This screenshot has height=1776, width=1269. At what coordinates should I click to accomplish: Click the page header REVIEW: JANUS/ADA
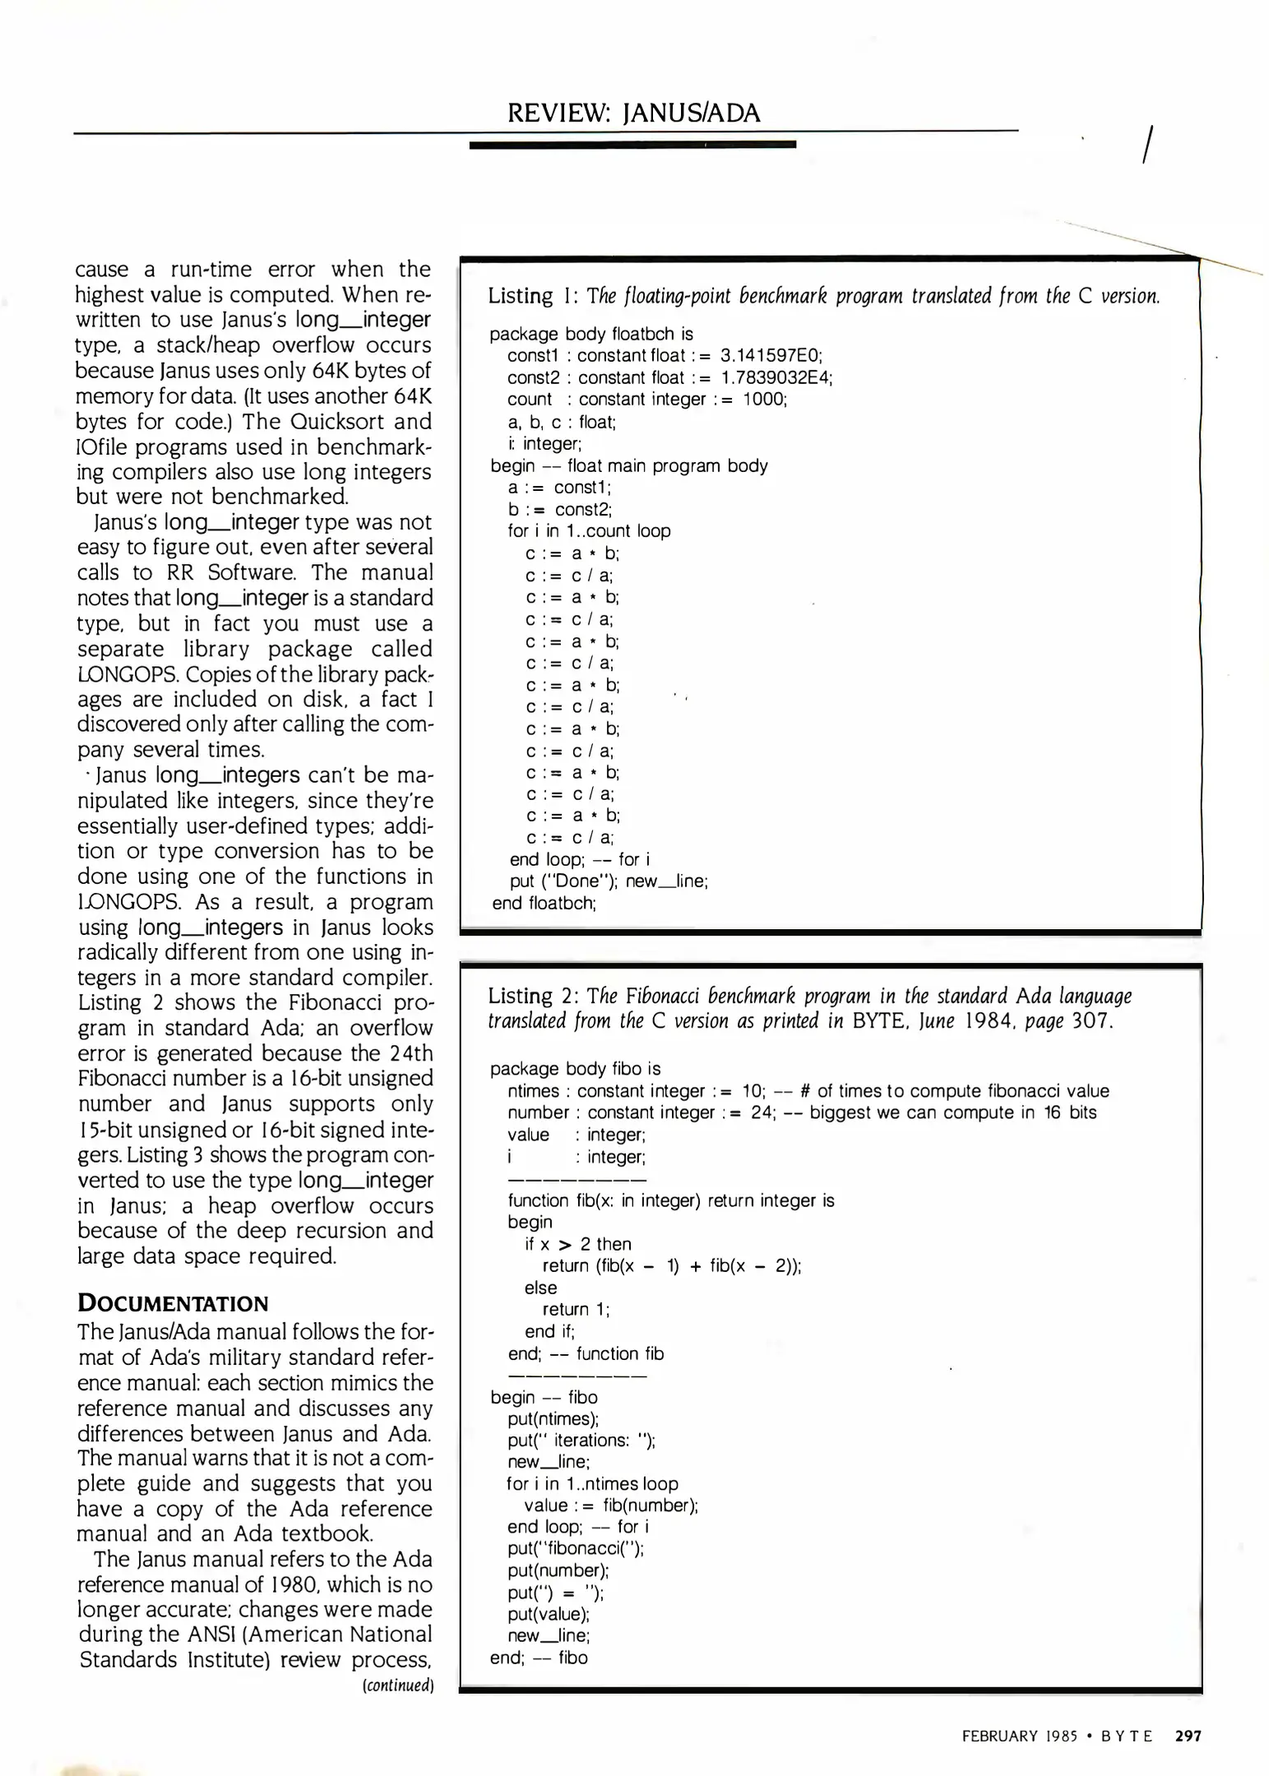pyautogui.click(x=633, y=112)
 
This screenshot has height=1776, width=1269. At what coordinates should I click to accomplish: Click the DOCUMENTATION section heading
pyautogui.click(x=173, y=1304)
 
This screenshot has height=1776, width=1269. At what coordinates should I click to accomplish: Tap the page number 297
pyautogui.click(x=1188, y=1736)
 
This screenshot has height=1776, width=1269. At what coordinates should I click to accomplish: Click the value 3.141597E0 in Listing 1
pyautogui.click(x=771, y=355)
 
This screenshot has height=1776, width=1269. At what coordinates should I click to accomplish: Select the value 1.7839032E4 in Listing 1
pyautogui.click(x=776, y=377)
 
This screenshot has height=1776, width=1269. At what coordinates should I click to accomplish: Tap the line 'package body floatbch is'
pyautogui.click(x=591, y=334)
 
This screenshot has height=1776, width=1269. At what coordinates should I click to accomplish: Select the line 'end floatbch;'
pyautogui.click(x=544, y=903)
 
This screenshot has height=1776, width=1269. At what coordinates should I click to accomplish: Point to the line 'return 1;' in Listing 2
pyautogui.click(x=576, y=1309)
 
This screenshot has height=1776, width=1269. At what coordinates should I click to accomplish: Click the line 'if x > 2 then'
pyautogui.click(x=578, y=1244)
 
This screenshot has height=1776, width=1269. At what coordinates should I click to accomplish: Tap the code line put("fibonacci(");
pyautogui.click(x=576, y=1548)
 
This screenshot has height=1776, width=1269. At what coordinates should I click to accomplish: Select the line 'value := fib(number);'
pyautogui.click(x=611, y=1505)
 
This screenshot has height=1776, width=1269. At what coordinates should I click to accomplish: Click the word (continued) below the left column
pyautogui.click(x=398, y=1685)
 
